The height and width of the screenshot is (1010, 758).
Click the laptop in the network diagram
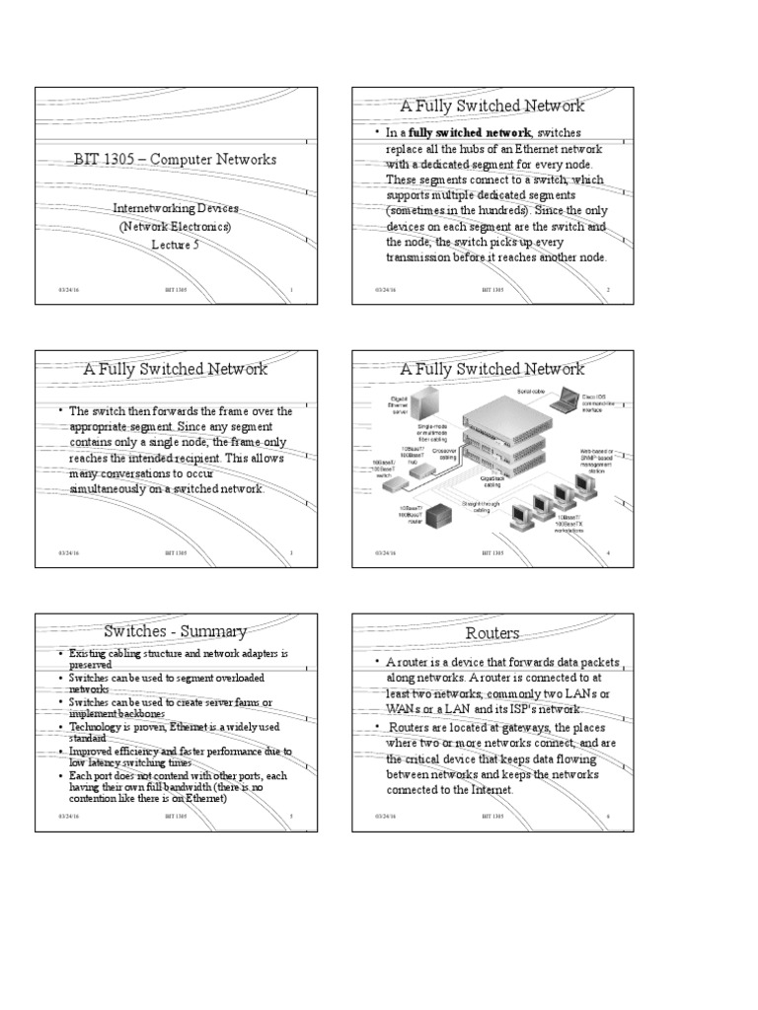point(568,399)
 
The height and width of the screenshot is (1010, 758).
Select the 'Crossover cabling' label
point(443,454)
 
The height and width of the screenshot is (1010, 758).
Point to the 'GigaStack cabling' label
point(493,480)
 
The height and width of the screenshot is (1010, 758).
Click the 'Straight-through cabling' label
point(482,506)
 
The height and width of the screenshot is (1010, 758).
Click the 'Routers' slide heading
point(492,632)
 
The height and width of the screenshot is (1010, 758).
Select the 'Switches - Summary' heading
point(175,630)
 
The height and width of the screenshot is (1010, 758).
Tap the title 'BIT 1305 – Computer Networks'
point(176,159)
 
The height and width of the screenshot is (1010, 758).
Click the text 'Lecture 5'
point(176,245)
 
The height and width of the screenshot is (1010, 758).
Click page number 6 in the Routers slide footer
point(608,818)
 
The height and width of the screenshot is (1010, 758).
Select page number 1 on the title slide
point(292,290)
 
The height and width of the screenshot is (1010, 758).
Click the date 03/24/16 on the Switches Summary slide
point(67,818)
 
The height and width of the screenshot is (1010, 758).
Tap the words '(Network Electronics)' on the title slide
point(176,227)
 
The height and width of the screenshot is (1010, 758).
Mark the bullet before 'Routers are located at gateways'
point(377,727)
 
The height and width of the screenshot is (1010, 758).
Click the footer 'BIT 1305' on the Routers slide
point(493,818)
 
